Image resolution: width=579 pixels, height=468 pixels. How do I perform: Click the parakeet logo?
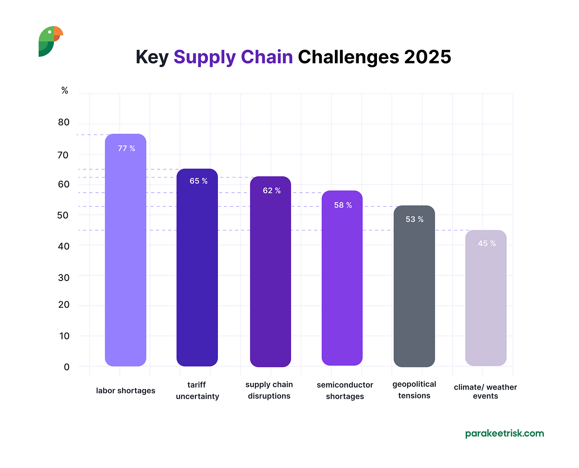tap(51, 41)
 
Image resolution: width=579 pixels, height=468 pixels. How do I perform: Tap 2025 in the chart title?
tap(427, 57)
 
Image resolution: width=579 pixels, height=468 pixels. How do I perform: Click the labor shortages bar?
tap(126, 255)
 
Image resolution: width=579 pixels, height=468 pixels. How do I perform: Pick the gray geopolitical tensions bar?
tap(414, 291)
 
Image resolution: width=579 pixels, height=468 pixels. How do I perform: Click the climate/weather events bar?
tap(486, 302)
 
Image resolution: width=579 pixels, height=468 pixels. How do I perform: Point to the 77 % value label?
tap(126, 148)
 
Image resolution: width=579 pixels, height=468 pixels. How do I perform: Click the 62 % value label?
tap(272, 191)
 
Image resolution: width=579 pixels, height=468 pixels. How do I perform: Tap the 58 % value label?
tap(343, 205)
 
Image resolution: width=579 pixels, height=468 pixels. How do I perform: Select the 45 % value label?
tap(487, 243)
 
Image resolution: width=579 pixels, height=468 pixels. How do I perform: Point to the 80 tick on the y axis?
tap(64, 123)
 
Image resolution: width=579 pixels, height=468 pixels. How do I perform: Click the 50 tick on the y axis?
tap(63, 215)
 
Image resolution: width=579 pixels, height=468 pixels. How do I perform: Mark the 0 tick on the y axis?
tap(66, 367)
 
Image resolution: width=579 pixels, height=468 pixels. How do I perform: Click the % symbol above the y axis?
tap(65, 91)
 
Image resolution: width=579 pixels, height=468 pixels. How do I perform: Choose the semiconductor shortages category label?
tap(345, 390)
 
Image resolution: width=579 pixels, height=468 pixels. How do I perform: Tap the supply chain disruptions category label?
tap(269, 390)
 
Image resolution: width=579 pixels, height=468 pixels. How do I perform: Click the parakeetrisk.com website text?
tap(504, 433)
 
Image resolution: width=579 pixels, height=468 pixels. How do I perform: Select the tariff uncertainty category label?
tap(197, 390)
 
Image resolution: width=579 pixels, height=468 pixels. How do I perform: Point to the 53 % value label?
tap(414, 219)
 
